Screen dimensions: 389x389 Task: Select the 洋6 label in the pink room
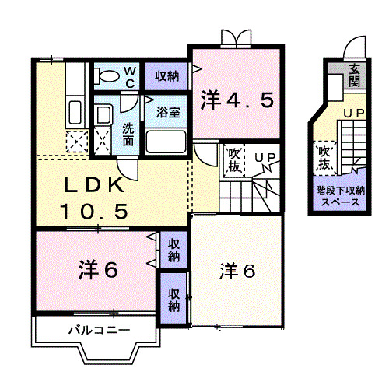98,270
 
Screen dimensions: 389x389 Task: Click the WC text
130,76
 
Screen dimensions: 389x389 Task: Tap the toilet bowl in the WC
105,76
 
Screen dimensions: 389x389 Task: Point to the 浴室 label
168,111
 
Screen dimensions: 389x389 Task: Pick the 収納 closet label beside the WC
166,76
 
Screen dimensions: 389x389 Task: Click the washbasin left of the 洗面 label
103,117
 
